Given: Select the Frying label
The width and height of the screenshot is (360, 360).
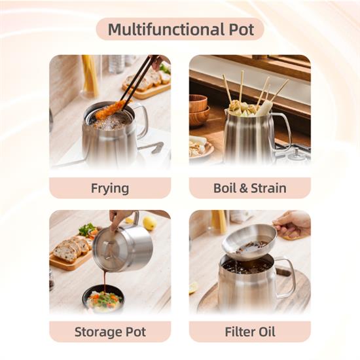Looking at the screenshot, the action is click(x=110, y=189).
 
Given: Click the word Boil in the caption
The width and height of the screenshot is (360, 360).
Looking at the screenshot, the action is click(x=225, y=188).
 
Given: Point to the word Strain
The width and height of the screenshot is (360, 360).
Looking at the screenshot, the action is click(x=268, y=188).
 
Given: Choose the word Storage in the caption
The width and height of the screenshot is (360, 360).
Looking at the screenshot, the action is click(x=97, y=332).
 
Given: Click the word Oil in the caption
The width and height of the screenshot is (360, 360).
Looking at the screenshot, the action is click(x=267, y=332).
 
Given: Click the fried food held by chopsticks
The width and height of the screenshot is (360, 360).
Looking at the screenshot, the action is click(x=110, y=110).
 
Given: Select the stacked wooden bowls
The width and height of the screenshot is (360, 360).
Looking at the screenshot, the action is click(x=198, y=110).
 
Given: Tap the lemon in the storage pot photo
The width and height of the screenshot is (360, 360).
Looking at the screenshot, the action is click(x=150, y=223).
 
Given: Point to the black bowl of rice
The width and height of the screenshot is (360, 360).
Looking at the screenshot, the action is click(x=103, y=298).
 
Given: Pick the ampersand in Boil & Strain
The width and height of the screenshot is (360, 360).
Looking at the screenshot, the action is click(x=243, y=189).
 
